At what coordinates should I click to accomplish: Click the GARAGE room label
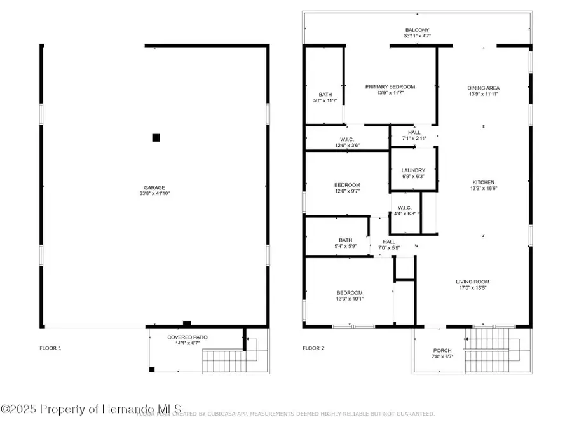click(154, 187)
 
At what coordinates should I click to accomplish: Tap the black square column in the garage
click(156, 137)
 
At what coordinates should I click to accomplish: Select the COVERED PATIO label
click(187, 337)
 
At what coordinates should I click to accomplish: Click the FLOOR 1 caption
click(51, 348)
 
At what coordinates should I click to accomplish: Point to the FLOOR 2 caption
click(313, 348)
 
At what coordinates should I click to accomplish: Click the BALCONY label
click(417, 30)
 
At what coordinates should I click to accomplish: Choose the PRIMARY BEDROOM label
click(390, 87)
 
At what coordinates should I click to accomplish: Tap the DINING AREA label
click(483, 88)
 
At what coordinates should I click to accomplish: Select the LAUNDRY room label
click(413, 170)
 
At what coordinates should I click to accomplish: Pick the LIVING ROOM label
click(472, 282)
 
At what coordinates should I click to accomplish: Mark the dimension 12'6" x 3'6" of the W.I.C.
click(346, 145)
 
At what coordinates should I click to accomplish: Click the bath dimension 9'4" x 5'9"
click(345, 246)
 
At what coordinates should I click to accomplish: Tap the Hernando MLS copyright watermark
click(92, 409)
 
